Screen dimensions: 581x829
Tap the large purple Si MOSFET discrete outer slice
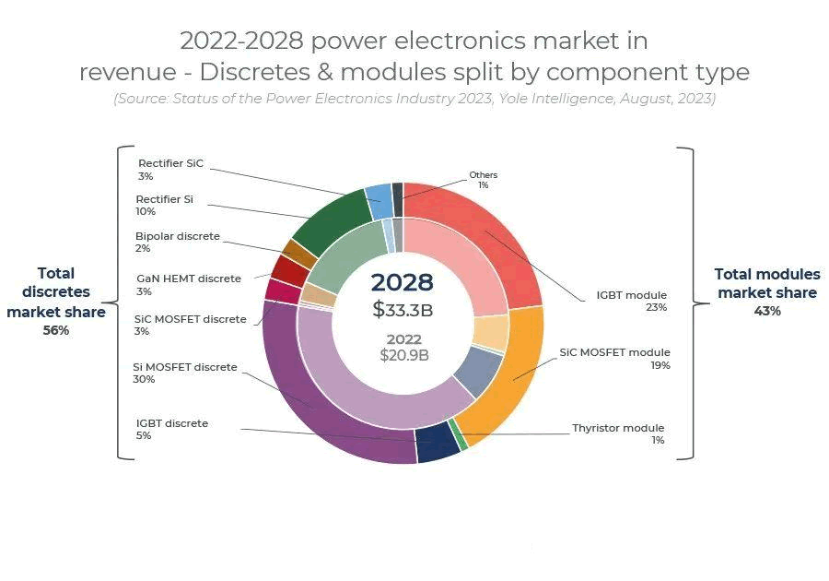pos(313,406)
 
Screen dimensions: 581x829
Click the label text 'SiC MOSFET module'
pos(614,352)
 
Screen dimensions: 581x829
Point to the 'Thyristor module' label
pos(617,428)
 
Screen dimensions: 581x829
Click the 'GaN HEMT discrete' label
pos(188,279)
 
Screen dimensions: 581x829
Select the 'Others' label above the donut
pos(483,174)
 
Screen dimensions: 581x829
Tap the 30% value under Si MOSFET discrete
pos(142,379)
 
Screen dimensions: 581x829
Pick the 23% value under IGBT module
pos(656,307)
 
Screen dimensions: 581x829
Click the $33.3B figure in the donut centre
pos(403,310)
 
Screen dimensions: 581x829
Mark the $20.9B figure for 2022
pos(404,354)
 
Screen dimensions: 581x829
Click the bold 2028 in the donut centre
pos(402,282)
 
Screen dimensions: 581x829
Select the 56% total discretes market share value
pos(55,330)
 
